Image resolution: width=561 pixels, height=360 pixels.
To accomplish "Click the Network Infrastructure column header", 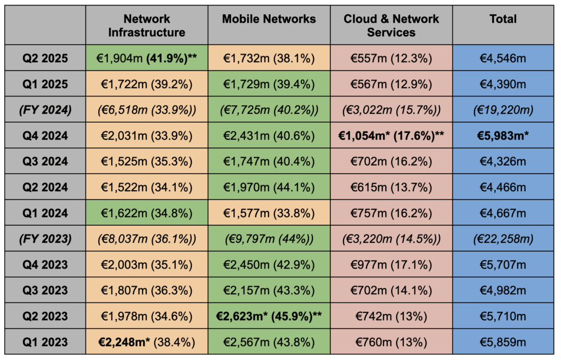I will (x=146, y=26).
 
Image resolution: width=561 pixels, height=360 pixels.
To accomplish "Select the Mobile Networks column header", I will (x=269, y=19).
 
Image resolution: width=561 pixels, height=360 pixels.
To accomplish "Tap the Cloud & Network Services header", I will (x=391, y=26).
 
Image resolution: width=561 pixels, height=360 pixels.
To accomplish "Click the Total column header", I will (x=503, y=19).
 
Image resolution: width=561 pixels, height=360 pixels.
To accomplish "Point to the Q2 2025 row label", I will (x=45, y=58).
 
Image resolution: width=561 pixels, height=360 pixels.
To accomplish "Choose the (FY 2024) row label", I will (x=45, y=110).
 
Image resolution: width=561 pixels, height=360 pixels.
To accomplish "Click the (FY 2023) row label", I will (x=45, y=239).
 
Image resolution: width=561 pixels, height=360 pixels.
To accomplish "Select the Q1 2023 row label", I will (x=45, y=342).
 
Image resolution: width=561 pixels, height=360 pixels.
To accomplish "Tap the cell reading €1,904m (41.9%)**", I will (x=146, y=58).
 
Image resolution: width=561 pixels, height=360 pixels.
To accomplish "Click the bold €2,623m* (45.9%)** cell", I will (x=269, y=316).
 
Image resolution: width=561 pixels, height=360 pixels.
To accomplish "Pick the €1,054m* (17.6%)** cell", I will (x=391, y=135).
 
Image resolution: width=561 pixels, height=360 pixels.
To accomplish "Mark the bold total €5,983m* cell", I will (x=503, y=135).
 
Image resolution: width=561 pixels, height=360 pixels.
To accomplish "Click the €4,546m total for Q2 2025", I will (x=503, y=58).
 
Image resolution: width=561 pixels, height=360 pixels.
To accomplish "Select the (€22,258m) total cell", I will (x=503, y=239).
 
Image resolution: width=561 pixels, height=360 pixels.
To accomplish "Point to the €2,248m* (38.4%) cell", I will (x=146, y=342).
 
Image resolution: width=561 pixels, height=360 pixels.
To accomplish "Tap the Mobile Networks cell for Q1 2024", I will (x=269, y=213).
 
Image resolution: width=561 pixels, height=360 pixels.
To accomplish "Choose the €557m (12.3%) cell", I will (x=391, y=58).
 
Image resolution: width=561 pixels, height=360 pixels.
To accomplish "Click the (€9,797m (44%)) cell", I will (x=269, y=239).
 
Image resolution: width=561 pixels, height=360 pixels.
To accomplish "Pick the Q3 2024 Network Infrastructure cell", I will (x=146, y=162).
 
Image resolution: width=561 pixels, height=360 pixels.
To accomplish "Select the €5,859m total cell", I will (x=503, y=342).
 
